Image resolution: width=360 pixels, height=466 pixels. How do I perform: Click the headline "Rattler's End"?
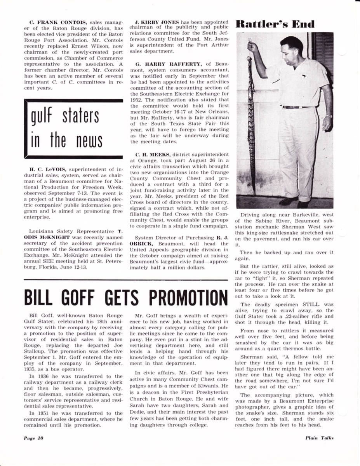click(x=275, y=24)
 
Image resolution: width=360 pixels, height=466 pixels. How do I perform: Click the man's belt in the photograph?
click(x=295, y=107)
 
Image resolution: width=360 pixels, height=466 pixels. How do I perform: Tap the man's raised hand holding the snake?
click(x=252, y=46)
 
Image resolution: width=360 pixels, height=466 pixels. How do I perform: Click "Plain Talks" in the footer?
click(x=319, y=438)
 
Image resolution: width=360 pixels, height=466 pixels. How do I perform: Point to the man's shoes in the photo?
click(x=295, y=202)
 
